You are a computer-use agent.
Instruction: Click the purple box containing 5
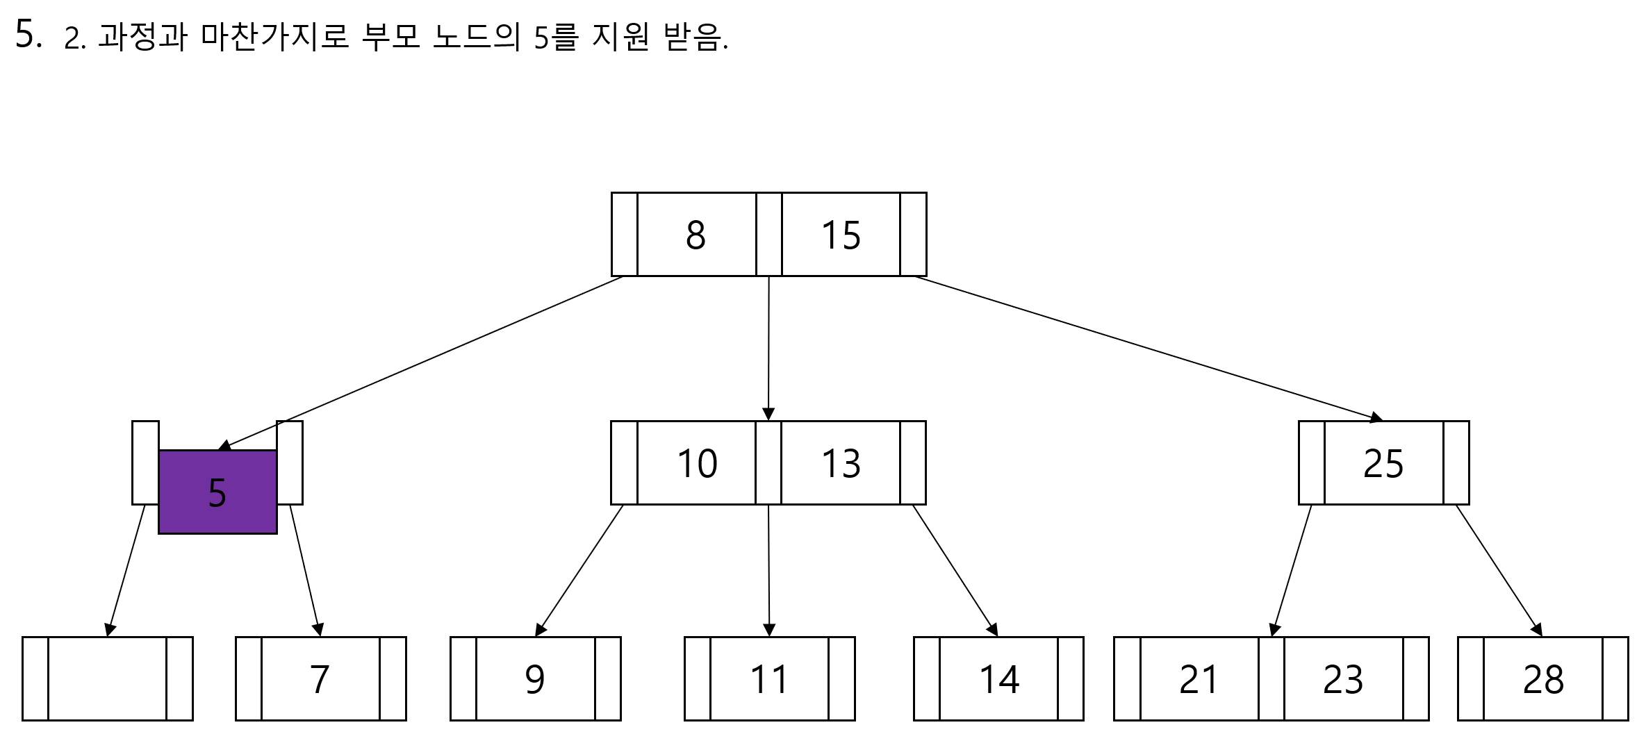[217, 492]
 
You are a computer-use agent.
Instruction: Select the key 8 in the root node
[696, 235]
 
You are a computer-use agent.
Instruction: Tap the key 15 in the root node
[841, 235]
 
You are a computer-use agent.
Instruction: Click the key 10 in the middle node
[696, 463]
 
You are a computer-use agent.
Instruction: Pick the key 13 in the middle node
[841, 463]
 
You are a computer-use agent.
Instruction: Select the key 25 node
[1383, 463]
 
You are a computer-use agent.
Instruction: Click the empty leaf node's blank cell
[107, 679]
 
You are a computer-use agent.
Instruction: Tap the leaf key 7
[320, 679]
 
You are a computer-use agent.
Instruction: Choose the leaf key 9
[535, 679]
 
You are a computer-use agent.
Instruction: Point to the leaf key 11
[769, 679]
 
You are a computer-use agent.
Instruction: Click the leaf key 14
[999, 679]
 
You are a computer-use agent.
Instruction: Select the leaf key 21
[1199, 679]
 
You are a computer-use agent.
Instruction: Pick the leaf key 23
[1343, 679]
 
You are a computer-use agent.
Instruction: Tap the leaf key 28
[1543, 679]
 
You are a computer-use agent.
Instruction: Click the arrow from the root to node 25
[1146, 348]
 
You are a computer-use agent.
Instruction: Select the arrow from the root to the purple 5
[424, 361]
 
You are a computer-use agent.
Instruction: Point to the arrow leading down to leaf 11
[768, 569]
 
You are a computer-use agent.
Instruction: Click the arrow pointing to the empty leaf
[126, 569]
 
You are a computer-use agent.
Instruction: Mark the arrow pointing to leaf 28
[1499, 569]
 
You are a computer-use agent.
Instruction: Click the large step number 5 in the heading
[28, 35]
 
